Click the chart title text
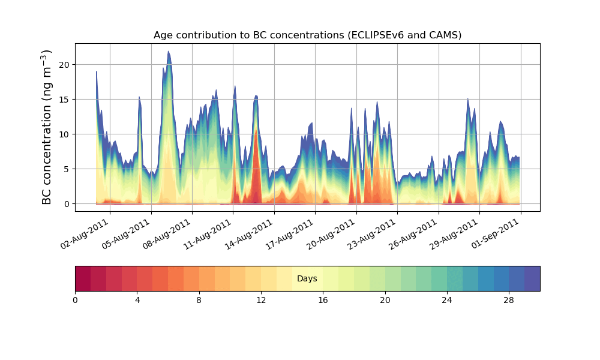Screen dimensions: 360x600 click(307, 35)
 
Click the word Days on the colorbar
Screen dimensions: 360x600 click(307, 279)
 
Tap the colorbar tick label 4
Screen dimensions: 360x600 click(137, 300)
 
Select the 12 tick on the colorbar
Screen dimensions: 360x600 click(261, 300)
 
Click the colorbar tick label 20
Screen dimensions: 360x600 click(385, 300)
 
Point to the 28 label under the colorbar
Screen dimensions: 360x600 click(509, 300)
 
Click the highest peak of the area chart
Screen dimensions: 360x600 click(169, 52)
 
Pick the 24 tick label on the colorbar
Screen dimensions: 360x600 click(447, 300)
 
